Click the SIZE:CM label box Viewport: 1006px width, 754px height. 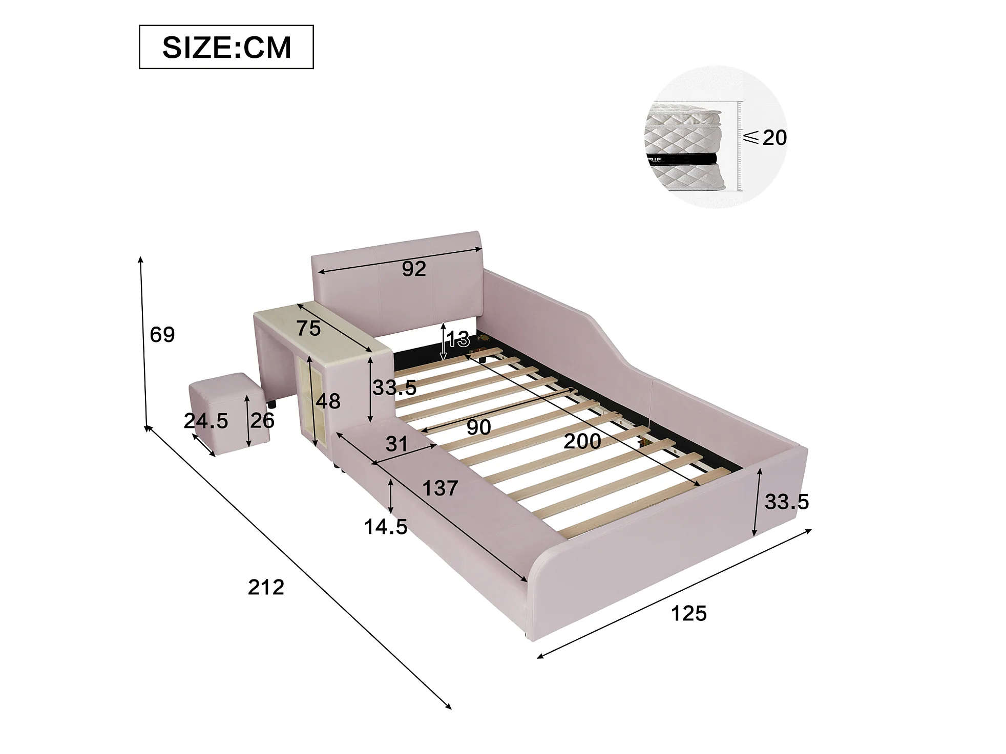(226, 47)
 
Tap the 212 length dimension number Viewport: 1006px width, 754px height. (266, 587)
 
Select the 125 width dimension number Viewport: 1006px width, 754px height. (688, 613)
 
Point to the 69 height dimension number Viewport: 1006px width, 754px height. (162, 334)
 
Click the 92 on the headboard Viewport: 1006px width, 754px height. (413, 269)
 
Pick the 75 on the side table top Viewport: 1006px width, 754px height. (308, 328)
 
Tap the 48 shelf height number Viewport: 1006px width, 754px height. (328, 401)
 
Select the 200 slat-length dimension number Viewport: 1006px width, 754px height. (582, 441)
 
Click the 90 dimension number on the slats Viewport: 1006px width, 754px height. (478, 427)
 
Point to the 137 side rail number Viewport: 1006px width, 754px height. (440, 488)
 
